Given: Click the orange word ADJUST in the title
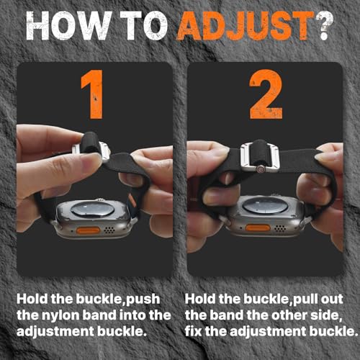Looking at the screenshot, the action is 246,25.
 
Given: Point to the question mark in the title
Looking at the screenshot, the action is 325,26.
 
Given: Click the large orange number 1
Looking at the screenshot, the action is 93,94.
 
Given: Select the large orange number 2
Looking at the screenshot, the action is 266,94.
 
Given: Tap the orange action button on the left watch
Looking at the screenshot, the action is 88,230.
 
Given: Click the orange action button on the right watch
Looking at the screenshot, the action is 258,228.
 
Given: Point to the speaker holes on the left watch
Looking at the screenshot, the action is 109,230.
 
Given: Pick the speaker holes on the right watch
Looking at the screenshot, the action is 280,228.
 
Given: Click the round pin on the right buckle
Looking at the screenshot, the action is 261,169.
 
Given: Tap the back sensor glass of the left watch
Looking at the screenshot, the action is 92,209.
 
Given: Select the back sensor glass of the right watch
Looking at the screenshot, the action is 264,206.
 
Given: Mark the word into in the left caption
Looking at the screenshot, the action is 132,315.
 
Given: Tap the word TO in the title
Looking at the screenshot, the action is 143,25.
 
